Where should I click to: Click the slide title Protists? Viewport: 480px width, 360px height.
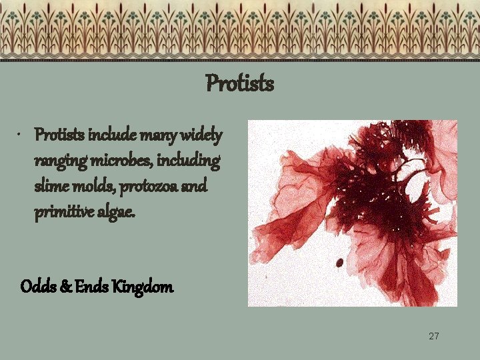click(x=240, y=84)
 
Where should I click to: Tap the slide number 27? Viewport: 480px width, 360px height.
click(x=434, y=336)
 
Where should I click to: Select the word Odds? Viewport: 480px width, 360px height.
click(x=35, y=287)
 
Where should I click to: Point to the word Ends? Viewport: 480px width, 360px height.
click(x=87, y=287)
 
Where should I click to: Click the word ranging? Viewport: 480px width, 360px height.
click(x=56, y=161)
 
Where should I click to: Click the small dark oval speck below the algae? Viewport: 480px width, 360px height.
click(x=339, y=262)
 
